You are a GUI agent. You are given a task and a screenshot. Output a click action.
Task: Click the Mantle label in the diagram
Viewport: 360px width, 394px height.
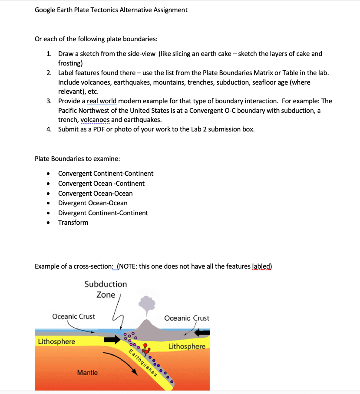87,372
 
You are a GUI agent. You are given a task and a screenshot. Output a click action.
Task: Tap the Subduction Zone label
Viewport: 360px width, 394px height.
106,289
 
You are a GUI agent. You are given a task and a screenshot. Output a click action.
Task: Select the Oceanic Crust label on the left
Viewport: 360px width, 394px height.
73,316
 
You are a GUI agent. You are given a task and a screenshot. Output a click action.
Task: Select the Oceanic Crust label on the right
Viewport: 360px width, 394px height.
187,318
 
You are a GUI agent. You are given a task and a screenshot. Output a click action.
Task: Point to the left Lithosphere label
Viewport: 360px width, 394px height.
56,341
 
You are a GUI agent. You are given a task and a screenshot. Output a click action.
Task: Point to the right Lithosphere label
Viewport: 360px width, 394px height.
187,346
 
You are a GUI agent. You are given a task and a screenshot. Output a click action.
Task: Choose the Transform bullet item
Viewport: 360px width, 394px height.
73,223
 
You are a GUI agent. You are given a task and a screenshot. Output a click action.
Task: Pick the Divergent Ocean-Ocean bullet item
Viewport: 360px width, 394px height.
92,203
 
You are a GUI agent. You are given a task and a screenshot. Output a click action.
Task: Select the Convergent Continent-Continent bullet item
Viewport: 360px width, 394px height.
106,174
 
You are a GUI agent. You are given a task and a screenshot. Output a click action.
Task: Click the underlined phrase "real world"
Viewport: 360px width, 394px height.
102,101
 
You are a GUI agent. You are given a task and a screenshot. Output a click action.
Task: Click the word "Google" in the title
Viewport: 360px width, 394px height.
46,10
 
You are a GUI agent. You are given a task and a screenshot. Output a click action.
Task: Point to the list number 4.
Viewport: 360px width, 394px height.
49,129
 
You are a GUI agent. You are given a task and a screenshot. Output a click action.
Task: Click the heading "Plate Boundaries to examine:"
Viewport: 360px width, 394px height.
74,158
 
